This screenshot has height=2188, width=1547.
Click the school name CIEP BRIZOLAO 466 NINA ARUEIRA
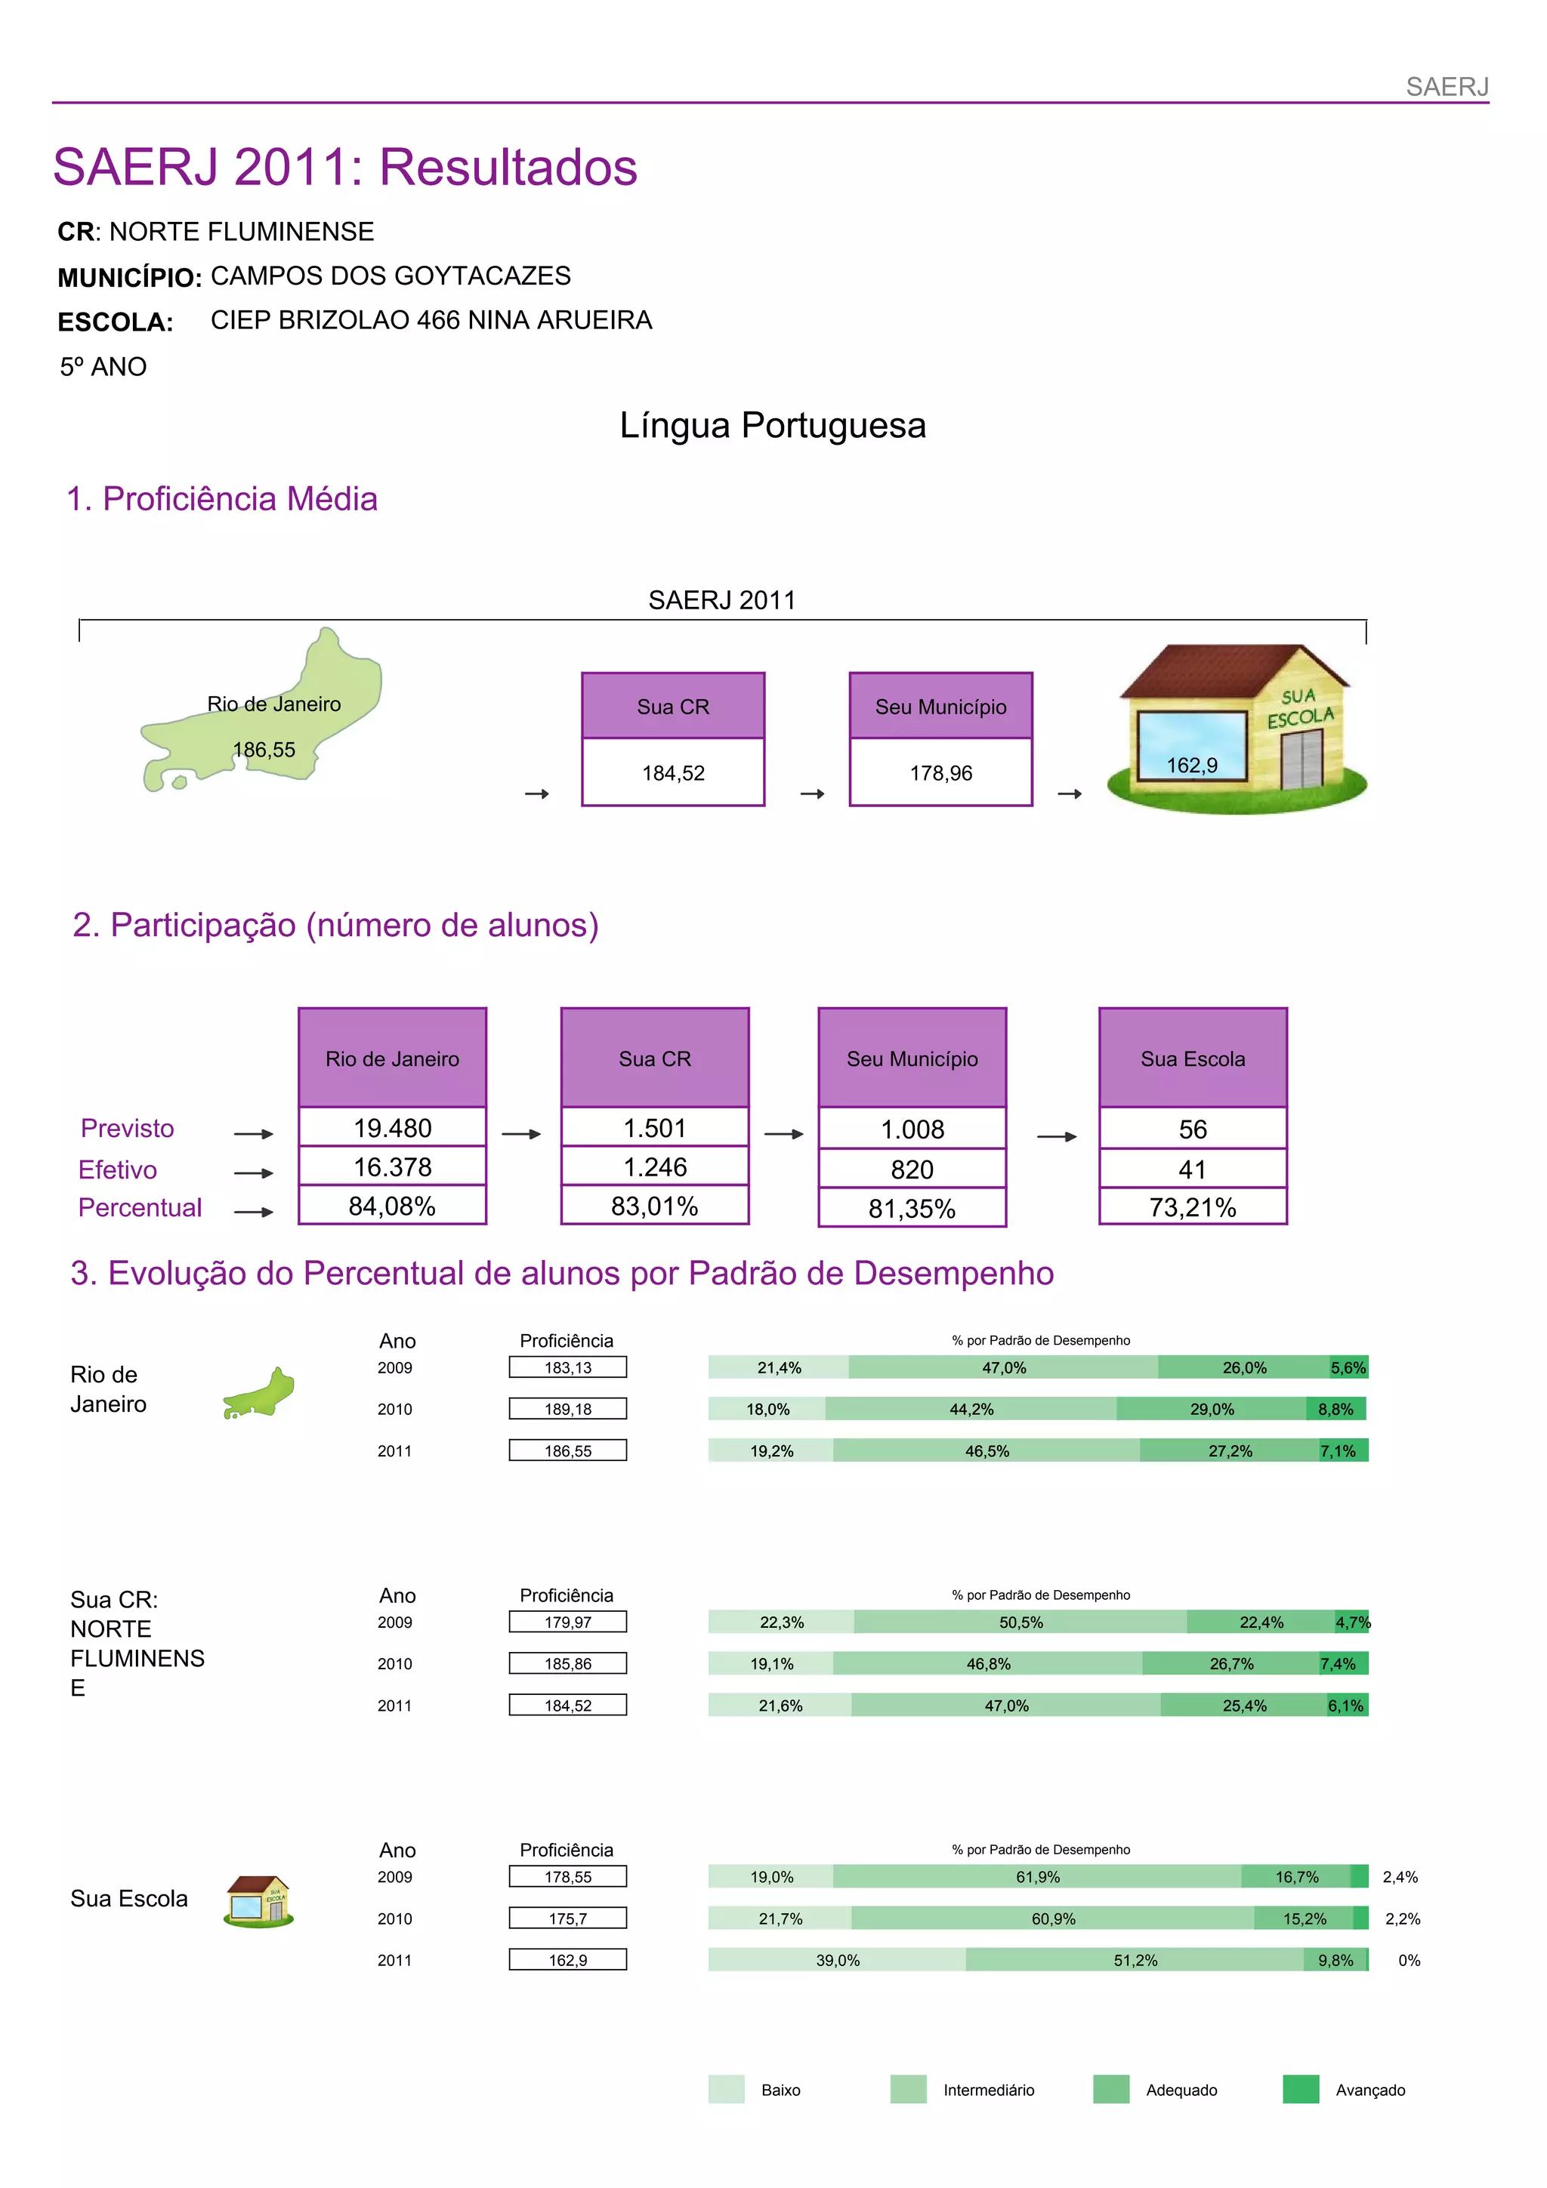pos(431,320)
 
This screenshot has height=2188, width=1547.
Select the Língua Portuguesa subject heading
pos(772,425)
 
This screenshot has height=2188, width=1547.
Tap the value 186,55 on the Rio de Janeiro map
pos(264,750)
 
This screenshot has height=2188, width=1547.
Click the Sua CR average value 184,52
pos(673,773)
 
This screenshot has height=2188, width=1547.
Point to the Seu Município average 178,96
pos(940,773)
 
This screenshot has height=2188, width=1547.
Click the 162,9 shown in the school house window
pos(1191,766)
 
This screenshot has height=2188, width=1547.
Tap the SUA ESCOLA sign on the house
pos(1299,707)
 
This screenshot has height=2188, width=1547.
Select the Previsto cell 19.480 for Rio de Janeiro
pos(392,1128)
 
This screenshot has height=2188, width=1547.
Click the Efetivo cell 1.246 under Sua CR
pos(655,1167)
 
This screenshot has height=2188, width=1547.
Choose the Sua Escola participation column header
pos(1193,1059)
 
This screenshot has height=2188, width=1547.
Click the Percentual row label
pos(140,1207)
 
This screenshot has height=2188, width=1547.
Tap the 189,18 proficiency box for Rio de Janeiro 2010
pos(568,1409)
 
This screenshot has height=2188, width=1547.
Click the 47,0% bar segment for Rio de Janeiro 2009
pos(1004,1367)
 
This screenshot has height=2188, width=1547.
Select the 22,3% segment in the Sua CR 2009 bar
pos(782,1622)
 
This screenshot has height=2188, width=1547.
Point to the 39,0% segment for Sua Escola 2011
pos(837,1960)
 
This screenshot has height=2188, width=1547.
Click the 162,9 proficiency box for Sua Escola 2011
pos(568,1960)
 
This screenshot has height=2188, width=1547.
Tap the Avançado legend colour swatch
pos(1300,2089)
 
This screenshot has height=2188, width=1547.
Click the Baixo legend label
pos(780,2090)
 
